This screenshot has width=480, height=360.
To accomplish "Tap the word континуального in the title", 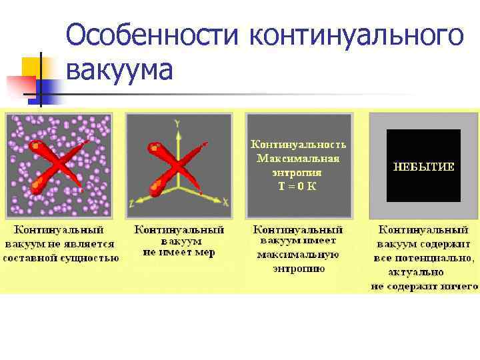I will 355,35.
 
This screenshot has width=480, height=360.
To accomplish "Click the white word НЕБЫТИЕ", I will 423,166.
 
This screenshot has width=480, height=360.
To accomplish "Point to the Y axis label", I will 177,123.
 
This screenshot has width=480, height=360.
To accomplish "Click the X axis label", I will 225,201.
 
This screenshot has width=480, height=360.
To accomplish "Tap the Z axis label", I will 133,202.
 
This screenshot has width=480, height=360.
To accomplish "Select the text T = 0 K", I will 297,186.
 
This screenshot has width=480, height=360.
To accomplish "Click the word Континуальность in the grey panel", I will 298,144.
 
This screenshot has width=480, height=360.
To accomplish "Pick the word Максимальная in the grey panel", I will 298,159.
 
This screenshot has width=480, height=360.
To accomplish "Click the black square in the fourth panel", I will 423,166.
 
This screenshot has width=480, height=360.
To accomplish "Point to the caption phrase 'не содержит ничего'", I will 425,287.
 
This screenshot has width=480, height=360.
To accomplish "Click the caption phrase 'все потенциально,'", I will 425,258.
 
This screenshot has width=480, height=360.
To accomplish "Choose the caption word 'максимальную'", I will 298,254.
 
